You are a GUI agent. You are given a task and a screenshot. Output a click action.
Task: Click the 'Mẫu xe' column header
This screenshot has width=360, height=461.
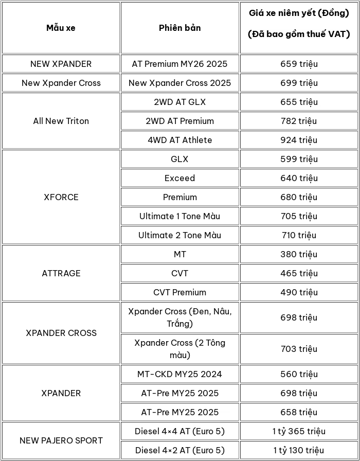tap(61, 28)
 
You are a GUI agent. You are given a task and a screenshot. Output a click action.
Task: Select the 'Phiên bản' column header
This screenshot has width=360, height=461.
tap(179, 28)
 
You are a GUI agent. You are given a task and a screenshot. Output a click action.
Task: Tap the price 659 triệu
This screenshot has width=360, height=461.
tap(299, 64)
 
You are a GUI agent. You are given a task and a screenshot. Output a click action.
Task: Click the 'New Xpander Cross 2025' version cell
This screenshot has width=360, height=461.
tap(179, 83)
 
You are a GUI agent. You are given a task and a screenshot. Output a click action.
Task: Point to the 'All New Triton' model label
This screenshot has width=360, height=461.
tap(61, 121)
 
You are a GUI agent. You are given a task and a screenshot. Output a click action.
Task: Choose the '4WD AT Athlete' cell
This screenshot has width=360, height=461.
tap(179, 140)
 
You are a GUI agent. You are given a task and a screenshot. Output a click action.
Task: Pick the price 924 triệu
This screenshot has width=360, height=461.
tap(299, 140)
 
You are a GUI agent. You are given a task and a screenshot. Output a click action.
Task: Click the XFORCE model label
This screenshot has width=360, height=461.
tap(61, 197)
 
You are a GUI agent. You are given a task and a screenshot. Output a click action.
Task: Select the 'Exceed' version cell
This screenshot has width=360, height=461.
tap(179, 178)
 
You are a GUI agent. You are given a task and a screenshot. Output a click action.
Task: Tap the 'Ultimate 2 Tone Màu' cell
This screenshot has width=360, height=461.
tap(179, 235)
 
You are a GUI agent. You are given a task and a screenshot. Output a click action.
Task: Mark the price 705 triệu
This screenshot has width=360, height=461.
tap(299, 216)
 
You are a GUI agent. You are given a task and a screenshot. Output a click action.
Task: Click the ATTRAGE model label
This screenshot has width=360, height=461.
tap(61, 273)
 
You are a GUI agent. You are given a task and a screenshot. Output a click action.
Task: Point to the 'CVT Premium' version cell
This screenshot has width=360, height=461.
tap(179, 292)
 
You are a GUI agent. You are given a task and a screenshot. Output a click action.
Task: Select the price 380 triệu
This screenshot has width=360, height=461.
tap(299, 254)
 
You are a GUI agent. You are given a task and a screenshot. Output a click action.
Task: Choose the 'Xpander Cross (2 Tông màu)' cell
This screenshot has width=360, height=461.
tap(179, 349)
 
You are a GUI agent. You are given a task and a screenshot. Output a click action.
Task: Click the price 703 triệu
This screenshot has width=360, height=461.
tap(299, 349)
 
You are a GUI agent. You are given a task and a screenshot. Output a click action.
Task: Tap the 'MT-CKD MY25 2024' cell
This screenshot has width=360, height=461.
tap(179, 374)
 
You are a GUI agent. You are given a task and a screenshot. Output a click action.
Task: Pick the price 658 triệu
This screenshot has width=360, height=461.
tap(299, 412)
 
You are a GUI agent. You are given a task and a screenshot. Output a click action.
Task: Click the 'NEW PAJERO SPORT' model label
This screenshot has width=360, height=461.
tap(61, 440)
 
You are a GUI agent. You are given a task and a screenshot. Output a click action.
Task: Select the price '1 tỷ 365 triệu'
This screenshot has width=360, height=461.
tap(299, 431)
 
